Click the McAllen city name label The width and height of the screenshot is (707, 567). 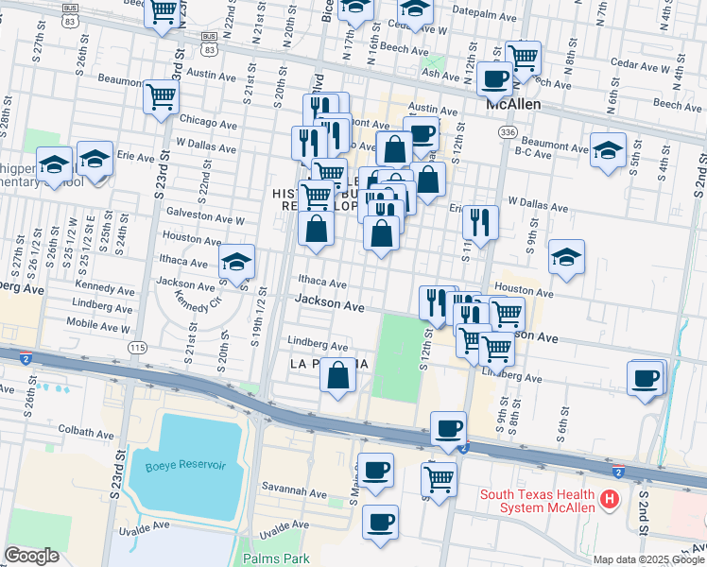[513, 105]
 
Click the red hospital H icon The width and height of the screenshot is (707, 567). [611, 497]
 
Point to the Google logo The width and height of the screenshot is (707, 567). [31, 556]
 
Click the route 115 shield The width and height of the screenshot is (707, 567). [139, 348]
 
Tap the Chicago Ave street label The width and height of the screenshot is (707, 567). [208, 124]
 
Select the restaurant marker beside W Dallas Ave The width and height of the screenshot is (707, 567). [480, 222]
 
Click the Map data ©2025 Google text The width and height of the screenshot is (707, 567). [647, 559]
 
